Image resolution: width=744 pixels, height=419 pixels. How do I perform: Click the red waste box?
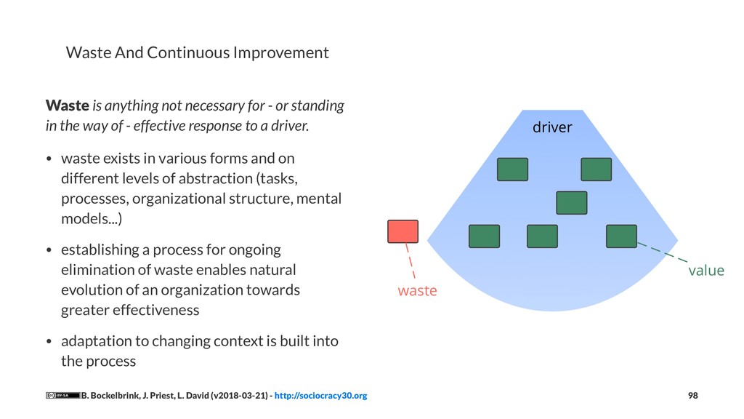(403, 231)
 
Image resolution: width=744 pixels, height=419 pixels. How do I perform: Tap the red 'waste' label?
(417, 291)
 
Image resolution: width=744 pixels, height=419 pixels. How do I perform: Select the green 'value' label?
(706, 271)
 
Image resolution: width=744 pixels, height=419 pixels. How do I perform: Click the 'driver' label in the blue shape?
(552, 128)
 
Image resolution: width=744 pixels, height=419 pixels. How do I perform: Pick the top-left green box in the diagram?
(512, 169)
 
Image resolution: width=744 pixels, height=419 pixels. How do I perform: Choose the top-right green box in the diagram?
(596, 169)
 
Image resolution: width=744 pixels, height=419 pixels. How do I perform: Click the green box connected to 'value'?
(621, 236)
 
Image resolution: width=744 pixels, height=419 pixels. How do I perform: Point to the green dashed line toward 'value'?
(663, 253)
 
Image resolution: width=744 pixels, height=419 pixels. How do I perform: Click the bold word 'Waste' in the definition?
(67, 105)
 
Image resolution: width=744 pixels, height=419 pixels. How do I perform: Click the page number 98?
(692, 396)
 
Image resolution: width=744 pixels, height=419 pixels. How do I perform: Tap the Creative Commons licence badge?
(62, 396)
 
